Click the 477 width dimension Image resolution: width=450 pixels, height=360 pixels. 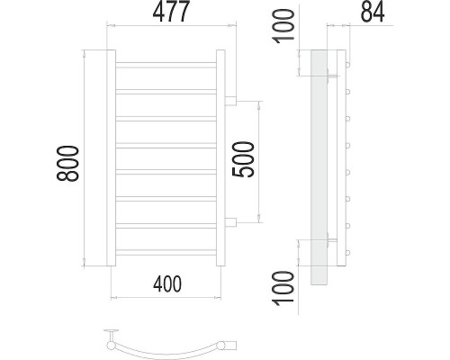click(x=171, y=12)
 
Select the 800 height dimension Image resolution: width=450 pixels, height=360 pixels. click(x=67, y=164)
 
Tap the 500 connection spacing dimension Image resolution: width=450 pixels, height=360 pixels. click(x=243, y=159)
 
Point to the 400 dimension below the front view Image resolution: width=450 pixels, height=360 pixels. click(x=167, y=284)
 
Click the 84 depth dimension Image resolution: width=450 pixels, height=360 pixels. click(x=373, y=12)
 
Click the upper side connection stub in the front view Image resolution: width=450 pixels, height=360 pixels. click(x=230, y=101)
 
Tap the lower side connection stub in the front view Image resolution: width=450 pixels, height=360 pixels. click(x=230, y=222)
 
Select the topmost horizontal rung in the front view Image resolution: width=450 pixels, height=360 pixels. click(x=166, y=65)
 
